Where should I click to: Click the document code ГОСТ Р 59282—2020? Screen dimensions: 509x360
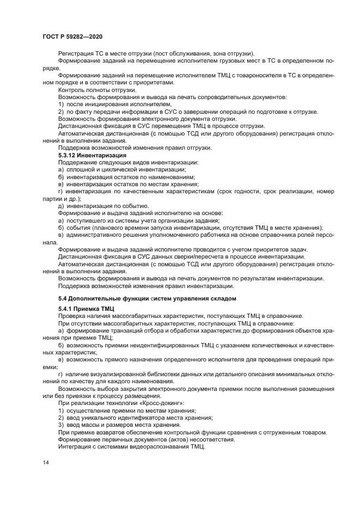[x=72, y=36]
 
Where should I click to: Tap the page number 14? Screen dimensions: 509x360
[x=45, y=462]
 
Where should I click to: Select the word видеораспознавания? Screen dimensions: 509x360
[x=156, y=446]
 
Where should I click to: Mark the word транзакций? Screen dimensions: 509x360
[x=123, y=330]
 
